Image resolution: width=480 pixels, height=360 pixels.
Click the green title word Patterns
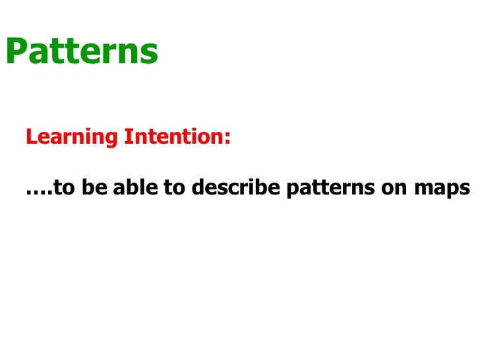[x=82, y=51]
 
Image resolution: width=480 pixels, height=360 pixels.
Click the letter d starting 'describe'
[x=195, y=189]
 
